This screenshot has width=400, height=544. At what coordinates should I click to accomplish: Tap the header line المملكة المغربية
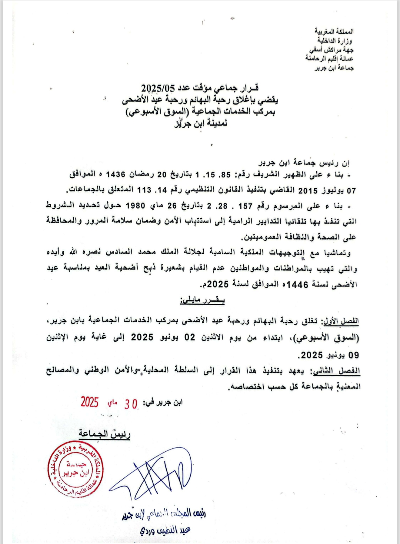334,31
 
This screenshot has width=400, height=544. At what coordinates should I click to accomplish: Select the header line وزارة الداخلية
334,40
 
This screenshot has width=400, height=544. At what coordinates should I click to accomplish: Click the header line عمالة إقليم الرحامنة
329,59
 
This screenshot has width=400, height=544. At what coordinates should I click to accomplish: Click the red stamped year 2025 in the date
90,402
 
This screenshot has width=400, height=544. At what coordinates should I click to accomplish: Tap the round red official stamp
76,469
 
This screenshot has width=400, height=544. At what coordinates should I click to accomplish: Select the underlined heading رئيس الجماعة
104,434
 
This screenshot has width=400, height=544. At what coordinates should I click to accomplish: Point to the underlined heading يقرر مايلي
203,301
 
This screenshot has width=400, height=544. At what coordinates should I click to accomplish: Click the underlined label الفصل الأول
341,321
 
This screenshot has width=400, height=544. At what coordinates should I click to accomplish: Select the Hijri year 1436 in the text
115,174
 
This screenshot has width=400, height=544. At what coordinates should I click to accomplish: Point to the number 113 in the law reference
144,190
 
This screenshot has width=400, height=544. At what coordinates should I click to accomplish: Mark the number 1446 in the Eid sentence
297,285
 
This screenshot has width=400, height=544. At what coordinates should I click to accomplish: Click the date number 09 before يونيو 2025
353,355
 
